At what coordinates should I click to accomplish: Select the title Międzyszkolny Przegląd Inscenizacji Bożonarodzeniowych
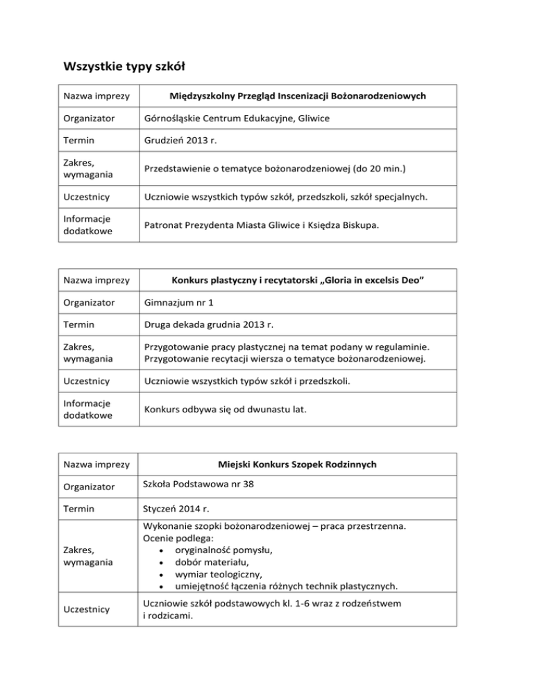pos(298,95)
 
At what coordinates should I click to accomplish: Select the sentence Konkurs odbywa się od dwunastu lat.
pos(226,410)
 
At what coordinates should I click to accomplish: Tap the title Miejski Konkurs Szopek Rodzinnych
pos(298,464)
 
